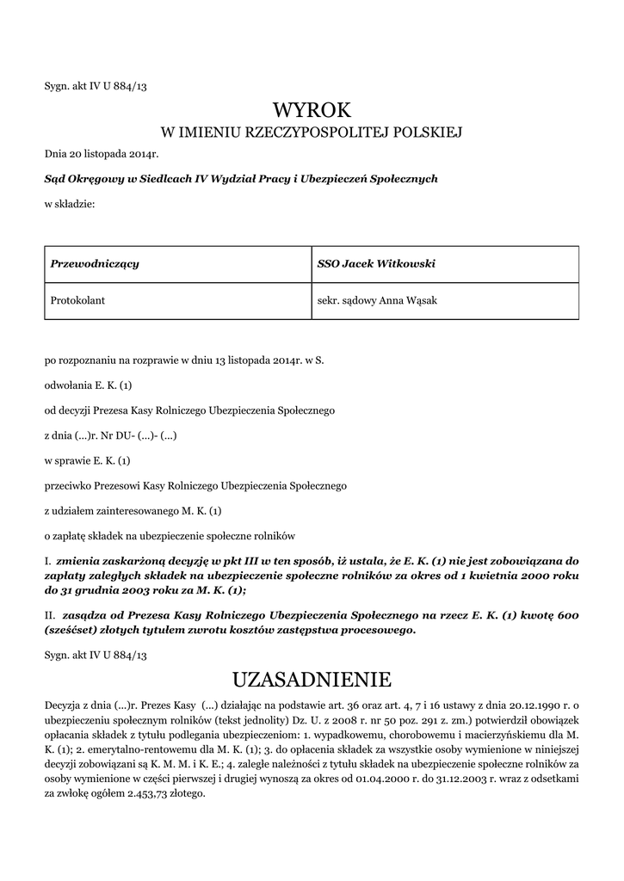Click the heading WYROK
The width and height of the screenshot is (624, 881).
(312, 110)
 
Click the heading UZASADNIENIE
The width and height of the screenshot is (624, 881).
(312, 681)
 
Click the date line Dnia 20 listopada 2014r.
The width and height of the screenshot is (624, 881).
(102, 154)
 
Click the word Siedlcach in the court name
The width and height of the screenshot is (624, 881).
(167, 179)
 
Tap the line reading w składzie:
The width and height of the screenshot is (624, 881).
(69, 203)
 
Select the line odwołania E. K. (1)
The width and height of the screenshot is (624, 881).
(88, 385)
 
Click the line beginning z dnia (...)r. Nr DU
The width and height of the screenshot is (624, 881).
(111, 435)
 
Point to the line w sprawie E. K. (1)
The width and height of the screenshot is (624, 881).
(87, 460)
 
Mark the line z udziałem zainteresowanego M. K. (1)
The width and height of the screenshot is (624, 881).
(133, 510)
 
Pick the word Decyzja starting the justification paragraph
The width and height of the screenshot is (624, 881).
(65, 705)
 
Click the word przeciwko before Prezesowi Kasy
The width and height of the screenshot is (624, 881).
(69, 485)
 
